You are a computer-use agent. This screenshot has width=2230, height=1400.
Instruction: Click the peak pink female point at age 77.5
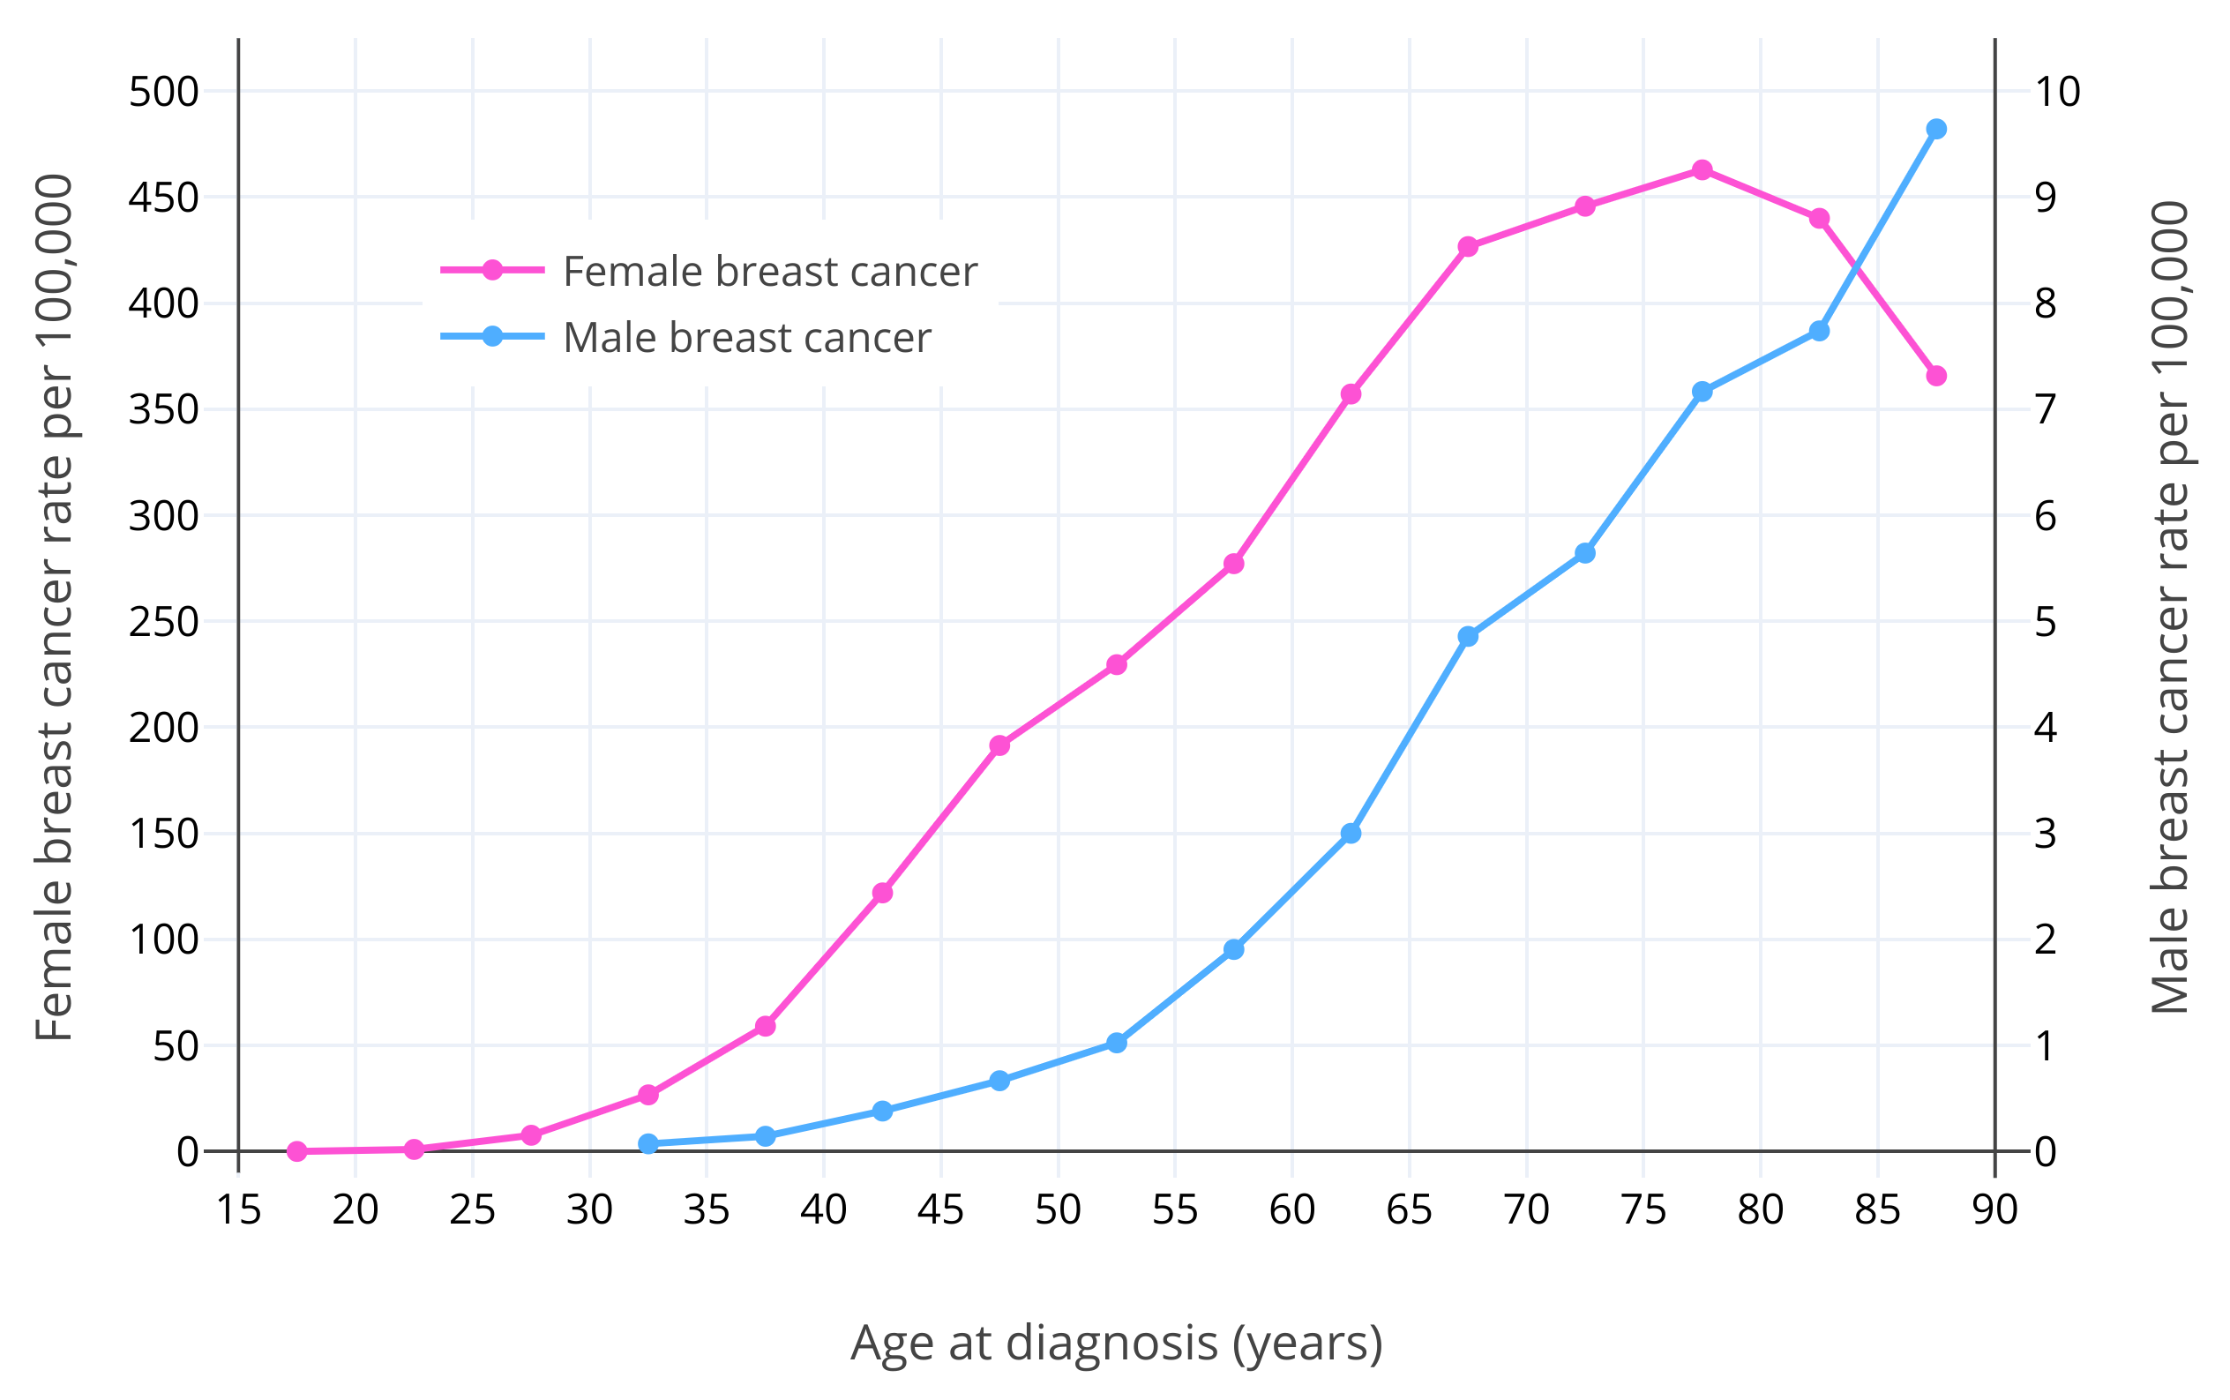[x=1702, y=170]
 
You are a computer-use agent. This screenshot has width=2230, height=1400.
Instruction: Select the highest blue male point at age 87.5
[x=1935, y=129]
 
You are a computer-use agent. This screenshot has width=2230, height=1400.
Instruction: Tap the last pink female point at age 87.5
[x=1935, y=376]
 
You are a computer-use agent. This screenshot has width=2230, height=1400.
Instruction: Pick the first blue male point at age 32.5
[x=648, y=1144]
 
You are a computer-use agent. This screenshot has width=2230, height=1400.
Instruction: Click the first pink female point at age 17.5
[x=297, y=1152]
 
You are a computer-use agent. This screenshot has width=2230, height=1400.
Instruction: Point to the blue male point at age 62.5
[x=1351, y=834]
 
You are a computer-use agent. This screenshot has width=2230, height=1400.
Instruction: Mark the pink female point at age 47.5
[x=999, y=745]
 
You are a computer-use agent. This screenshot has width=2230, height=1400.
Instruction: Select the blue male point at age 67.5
[x=1468, y=636]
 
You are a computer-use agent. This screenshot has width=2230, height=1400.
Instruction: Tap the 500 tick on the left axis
[x=164, y=92]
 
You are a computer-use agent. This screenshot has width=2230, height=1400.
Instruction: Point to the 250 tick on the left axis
[x=164, y=622]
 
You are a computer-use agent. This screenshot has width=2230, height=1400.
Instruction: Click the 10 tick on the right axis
[x=2057, y=92]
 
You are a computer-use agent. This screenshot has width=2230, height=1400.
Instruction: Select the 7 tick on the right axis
[x=2046, y=409]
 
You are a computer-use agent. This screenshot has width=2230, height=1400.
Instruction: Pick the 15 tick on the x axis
[x=239, y=1210]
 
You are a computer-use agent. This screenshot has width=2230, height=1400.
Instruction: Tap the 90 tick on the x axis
[x=1994, y=1210]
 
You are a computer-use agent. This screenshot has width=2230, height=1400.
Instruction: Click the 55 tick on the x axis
[x=1175, y=1210]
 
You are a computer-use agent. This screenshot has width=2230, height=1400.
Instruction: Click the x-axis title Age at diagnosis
[x=1117, y=1343]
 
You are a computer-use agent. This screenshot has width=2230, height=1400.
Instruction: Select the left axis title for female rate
[x=54, y=608]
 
